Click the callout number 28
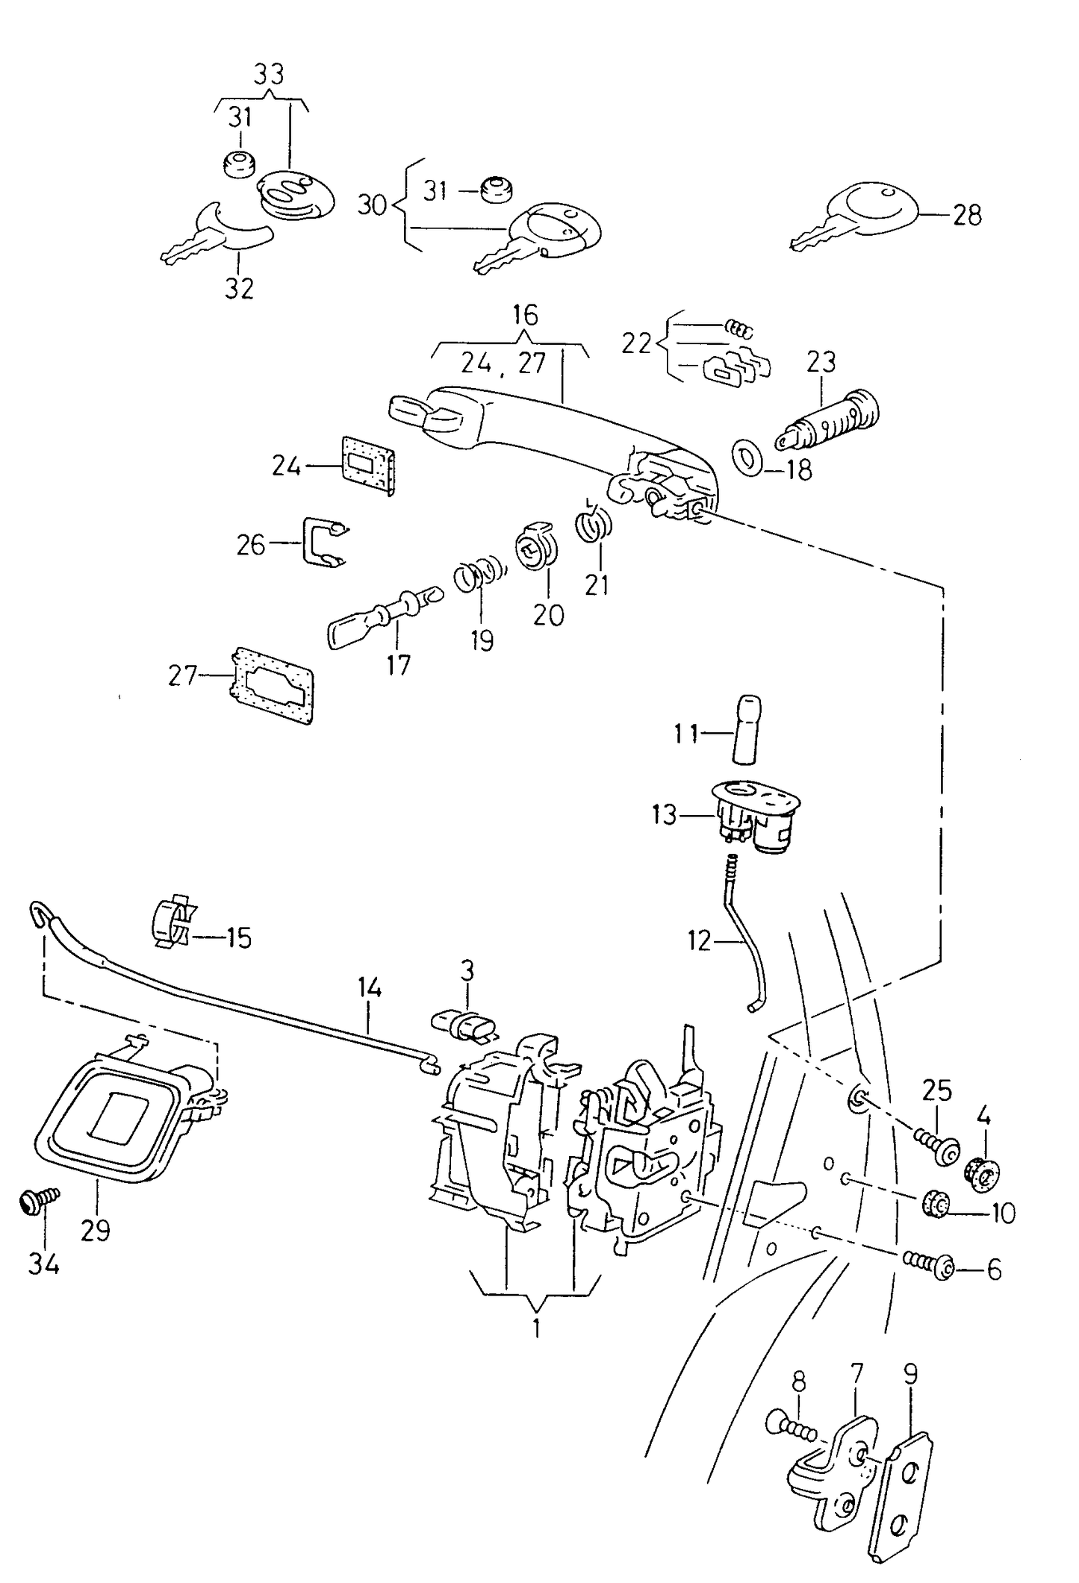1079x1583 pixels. point(967,216)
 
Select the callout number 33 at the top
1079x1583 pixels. point(269,75)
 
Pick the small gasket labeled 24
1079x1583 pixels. point(368,466)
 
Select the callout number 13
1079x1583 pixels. point(664,814)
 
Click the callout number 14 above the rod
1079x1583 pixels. point(370,988)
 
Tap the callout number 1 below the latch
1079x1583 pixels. point(536,1329)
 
